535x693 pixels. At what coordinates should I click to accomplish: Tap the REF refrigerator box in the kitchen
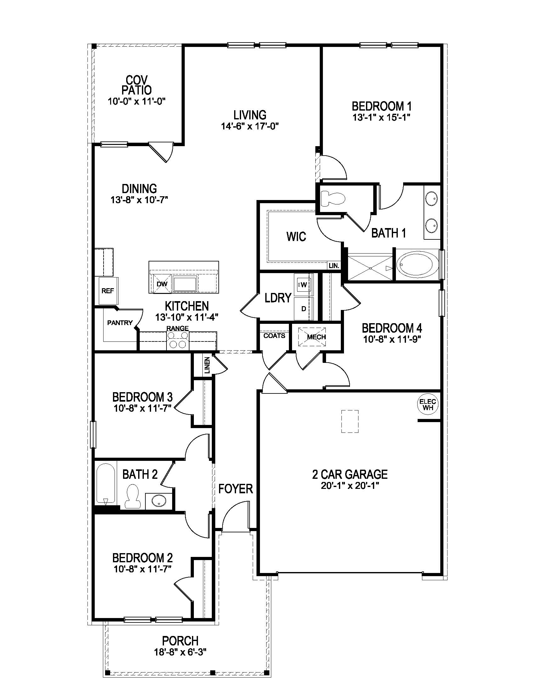tap(108, 291)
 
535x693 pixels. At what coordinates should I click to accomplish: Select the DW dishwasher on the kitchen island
tap(162, 284)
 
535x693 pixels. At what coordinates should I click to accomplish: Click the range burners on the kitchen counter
tap(177, 340)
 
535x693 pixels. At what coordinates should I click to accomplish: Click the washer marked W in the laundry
tap(303, 285)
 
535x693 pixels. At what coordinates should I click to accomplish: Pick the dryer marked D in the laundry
tap(303, 308)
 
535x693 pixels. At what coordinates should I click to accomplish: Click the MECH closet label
tap(316, 337)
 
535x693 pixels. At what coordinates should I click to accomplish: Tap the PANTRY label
tap(120, 323)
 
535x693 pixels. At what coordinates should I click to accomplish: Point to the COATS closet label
tap(274, 336)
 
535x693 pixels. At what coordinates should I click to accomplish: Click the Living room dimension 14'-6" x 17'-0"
tap(250, 126)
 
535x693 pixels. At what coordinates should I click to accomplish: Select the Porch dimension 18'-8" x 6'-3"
tap(180, 652)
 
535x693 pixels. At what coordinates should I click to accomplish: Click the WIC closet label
tap(296, 236)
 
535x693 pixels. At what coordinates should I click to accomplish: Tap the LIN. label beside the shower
tap(334, 266)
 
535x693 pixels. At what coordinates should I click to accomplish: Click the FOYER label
tap(235, 489)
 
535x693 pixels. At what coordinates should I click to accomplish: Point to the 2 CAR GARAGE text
tap(350, 474)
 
